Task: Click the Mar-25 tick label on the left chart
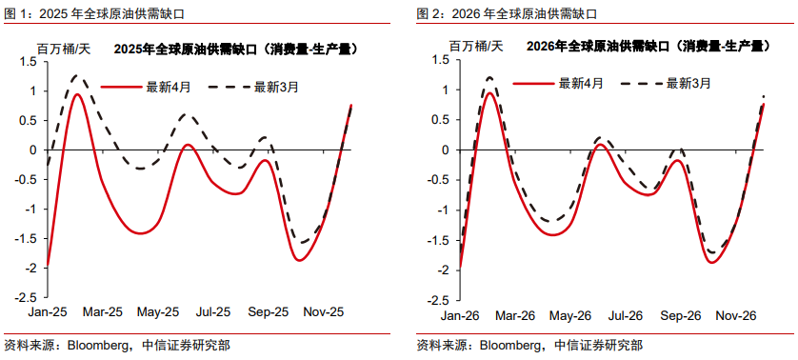pyautogui.click(x=103, y=311)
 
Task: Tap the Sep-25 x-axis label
pyautogui.click(x=269, y=311)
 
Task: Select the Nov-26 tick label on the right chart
pyautogui.click(x=736, y=312)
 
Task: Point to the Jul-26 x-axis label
pyautogui.click(x=626, y=312)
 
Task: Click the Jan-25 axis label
pyautogui.click(x=48, y=311)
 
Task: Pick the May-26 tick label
pyautogui.click(x=571, y=312)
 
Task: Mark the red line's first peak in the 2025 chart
pyautogui.click(x=77, y=93)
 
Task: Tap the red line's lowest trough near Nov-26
pyautogui.click(x=711, y=261)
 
